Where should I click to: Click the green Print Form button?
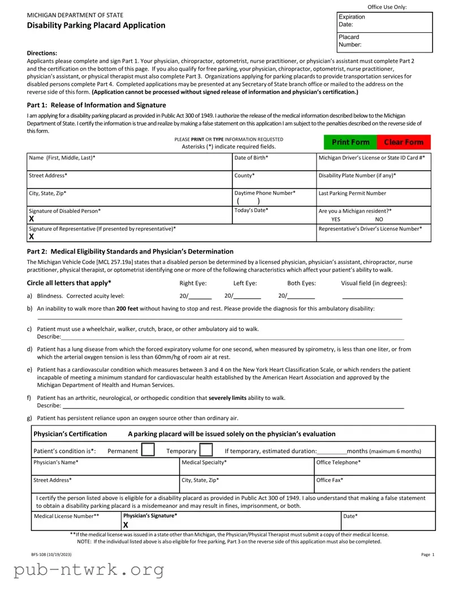click(x=351, y=142)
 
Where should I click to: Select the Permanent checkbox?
click(x=148, y=450)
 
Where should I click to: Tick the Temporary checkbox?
click(x=206, y=450)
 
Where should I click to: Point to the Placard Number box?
click(x=384, y=41)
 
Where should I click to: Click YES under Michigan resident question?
click(x=336, y=219)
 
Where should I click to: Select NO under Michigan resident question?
click(x=379, y=219)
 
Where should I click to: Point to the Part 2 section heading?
click(x=130, y=251)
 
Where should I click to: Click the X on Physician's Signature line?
click(x=126, y=525)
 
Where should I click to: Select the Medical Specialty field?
click(x=246, y=467)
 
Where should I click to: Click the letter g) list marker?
click(x=29, y=418)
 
